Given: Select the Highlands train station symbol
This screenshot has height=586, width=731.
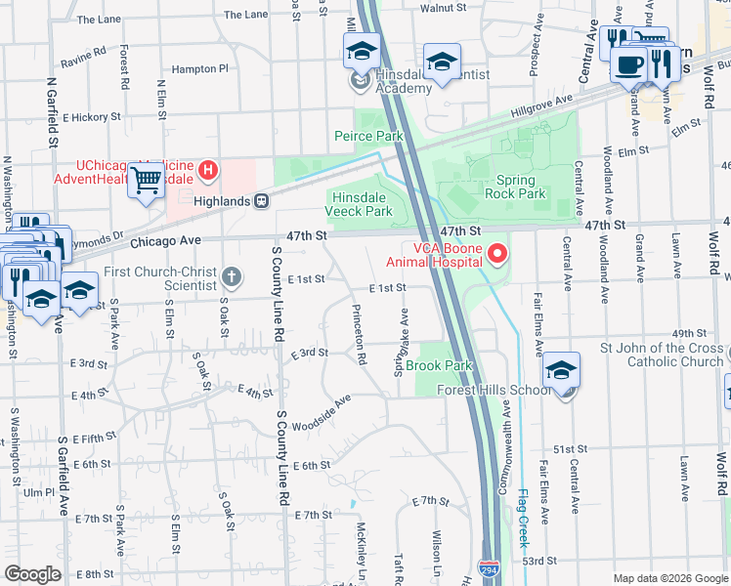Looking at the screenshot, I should tap(262, 200).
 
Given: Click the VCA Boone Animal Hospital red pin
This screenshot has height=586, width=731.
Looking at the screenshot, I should tap(497, 254).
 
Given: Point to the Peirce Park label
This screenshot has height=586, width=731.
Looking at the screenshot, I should tap(368, 137).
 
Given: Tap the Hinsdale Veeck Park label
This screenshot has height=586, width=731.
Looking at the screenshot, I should tap(358, 204).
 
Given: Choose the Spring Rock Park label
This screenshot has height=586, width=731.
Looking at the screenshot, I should tap(515, 187).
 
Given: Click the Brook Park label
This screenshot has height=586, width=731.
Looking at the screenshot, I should tap(439, 366).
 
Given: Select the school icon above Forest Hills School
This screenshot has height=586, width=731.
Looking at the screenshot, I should tap(562, 371).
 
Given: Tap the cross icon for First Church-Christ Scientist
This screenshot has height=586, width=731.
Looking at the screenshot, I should tap(231, 277).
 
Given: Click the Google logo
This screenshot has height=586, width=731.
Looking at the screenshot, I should tap(33, 574).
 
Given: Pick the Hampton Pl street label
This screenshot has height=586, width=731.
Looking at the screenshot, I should tap(198, 69).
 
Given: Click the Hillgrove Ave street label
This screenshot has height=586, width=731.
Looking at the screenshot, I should tap(543, 101).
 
